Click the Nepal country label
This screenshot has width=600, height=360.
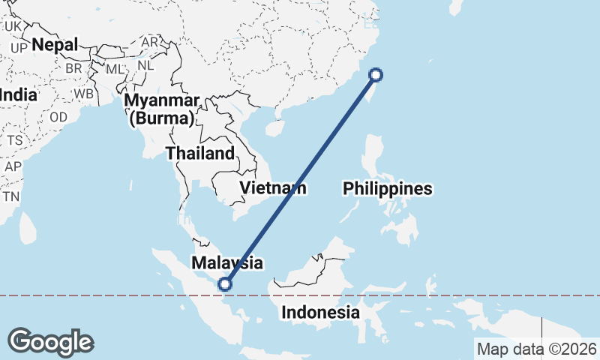(55, 45)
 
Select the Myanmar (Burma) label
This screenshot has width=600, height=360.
(162, 109)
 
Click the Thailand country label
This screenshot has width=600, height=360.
(200, 153)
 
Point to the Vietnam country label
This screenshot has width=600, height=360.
(272, 187)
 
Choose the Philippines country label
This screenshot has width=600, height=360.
(388, 188)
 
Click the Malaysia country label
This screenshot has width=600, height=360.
(226, 262)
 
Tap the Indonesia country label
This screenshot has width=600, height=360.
(320, 312)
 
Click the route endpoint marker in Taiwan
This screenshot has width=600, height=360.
(376, 74)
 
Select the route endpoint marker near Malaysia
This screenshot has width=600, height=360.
(223, 283)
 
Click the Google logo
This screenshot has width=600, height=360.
(50, 342)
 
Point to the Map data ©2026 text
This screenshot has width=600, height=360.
(536, 349)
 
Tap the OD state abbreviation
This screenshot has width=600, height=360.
(58, 117)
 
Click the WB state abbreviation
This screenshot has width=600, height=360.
(84, 94)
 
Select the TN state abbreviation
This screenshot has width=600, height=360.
(10, 196)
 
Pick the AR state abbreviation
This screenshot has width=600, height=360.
(150, 43)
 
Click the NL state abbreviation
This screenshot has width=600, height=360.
(147, 64)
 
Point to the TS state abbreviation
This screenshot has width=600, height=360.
(14, 140)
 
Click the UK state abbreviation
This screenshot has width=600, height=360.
(13, 26)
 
